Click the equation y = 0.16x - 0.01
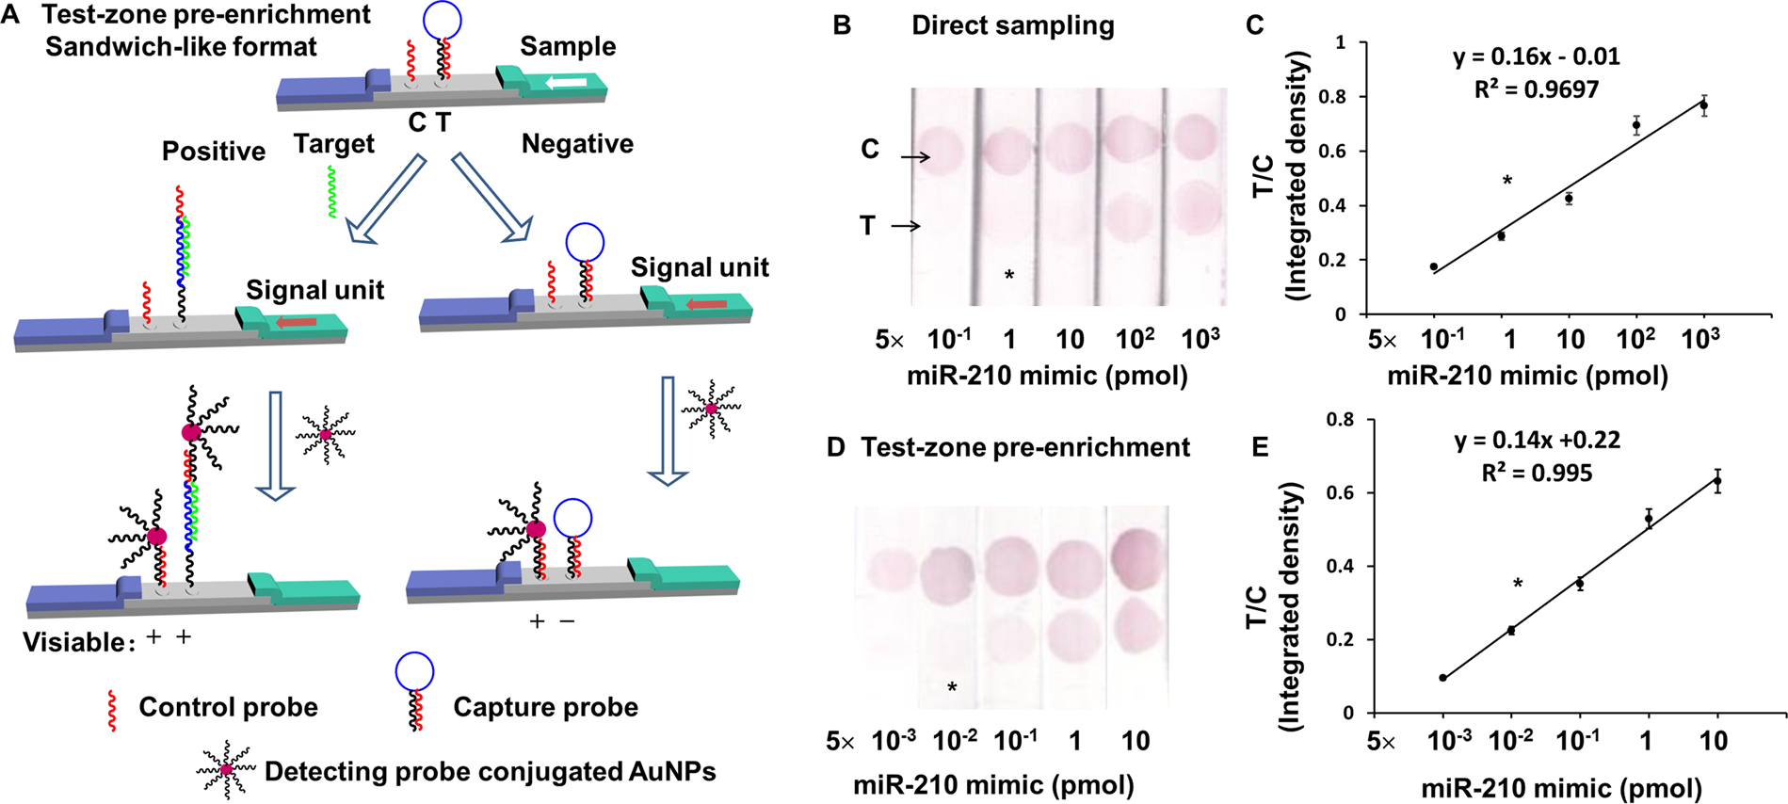tap(1536, 56)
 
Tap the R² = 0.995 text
tap(1537, 473)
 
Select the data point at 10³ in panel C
tap(1703, 105)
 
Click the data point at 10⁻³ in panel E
tap(1442, 678)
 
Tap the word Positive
tap(214, 152)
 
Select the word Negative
tap(577, 144)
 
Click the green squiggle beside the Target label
tap(331, 192)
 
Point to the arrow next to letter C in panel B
tap(914, 156)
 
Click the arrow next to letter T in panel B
tap(905, 226)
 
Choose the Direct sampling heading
tap(1012, 25)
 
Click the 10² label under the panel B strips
tap(1134, 339)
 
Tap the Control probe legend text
tap(228, 707)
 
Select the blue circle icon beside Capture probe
tap(414, 672)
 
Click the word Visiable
tap(74, 643)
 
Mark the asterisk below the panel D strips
tap(952, 687)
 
